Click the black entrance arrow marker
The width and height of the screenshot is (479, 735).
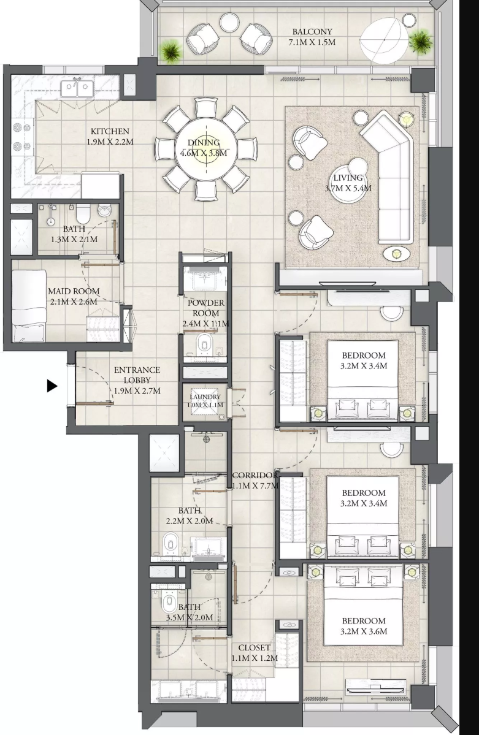(52, 386)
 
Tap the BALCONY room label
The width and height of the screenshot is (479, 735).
(312, 32)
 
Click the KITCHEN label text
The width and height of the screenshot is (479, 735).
(110, 131)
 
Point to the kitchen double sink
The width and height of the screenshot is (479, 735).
(78, 87)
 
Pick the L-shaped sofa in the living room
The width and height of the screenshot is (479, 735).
(388, 177)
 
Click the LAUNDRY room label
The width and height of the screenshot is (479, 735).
(205, 397)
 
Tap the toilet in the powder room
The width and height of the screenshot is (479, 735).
(205, 345)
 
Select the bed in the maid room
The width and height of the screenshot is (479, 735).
(29, 305)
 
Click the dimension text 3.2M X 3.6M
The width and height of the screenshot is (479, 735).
(364, 631)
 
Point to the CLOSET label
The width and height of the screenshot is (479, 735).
(255, 647)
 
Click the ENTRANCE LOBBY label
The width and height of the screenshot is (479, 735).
(137, 375)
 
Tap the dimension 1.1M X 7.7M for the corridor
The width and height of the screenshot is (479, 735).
(255, 486)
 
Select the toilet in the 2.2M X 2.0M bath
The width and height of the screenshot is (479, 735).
(171, 544)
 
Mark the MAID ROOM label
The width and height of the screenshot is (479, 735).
(74, 291)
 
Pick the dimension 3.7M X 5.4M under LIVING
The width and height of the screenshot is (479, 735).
(348, 188)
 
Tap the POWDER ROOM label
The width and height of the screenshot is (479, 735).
(206, 308)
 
